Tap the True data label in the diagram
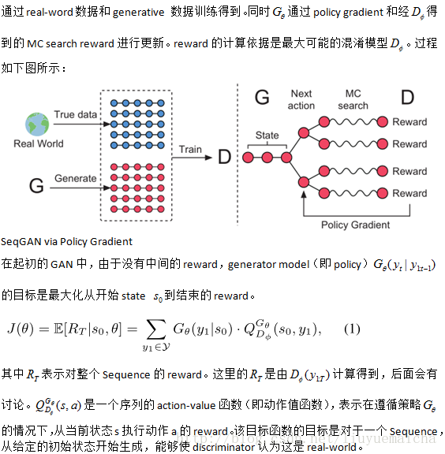click(x=75, y=115)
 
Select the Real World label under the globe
click(x=38, y=144)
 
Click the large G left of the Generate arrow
click(x=36, y=186)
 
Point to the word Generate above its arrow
click(x=76, y=179)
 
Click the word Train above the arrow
click(x=190, y=149)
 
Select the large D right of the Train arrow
click(x=224, y=157)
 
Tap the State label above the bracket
click(x=267, y=136)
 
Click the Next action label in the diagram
click(x=301, y=100)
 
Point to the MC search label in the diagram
click(x=353, y=100)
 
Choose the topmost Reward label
click(x=409, y=122)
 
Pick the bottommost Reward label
click(x=409, y=193)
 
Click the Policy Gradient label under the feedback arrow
click(x=355, y=225)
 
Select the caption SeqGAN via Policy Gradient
click(x=67, y=241)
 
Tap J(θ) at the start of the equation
click(x=24, y=329)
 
